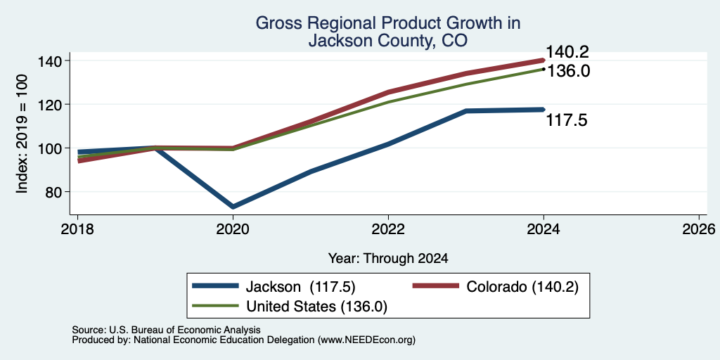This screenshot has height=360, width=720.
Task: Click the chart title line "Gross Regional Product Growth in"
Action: (388, 23)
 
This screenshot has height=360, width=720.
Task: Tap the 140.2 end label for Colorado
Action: (567, 52)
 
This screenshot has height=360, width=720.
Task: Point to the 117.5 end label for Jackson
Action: (567, 120)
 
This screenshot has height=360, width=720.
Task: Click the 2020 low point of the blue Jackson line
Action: (233, 207)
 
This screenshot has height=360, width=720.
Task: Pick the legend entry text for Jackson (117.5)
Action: (301, 286)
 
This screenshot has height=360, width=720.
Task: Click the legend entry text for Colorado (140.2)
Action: (522, 286)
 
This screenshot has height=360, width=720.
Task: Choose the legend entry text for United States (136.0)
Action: (317, 307)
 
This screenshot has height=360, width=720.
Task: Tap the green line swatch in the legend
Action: (215, 306)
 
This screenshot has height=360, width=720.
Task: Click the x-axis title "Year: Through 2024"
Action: (388, 259)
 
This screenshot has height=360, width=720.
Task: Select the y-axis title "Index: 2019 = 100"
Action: (22, 134)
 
